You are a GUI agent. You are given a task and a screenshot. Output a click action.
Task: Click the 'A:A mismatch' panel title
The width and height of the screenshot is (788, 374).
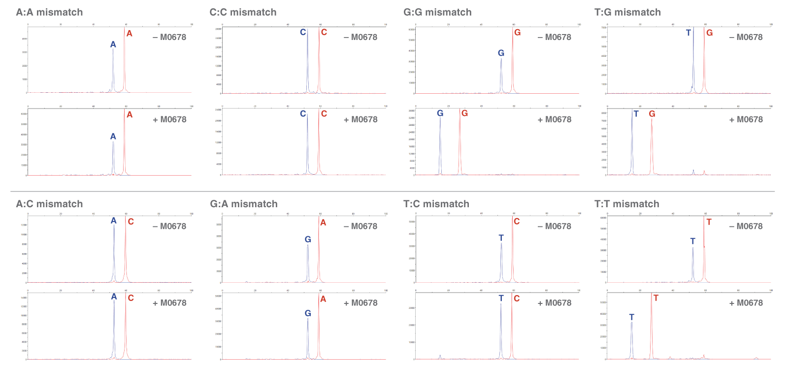pos(49,12)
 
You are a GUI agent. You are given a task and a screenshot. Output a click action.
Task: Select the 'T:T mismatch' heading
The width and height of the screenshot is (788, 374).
pos(626,204)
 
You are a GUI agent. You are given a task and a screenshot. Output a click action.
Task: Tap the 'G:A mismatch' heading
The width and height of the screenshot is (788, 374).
pos(243,204)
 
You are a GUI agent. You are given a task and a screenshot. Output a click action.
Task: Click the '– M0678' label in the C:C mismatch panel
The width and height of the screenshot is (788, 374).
pos(361,37)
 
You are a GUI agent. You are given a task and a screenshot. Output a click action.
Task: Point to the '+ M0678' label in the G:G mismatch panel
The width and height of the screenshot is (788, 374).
pos(555,119)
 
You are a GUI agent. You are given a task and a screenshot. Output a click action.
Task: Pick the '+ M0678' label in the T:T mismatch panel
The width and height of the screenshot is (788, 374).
pos(746,303)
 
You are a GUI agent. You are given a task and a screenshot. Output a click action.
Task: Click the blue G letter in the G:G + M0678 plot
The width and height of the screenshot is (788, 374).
pos(440,113)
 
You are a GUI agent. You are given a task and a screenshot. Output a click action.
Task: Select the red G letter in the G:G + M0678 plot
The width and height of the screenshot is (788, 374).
pos(464,113)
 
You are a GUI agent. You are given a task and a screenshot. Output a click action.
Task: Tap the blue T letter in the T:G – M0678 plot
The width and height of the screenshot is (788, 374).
pos(688,33)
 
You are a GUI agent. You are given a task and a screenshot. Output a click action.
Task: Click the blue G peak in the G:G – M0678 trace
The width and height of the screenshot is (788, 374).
pos(501,74)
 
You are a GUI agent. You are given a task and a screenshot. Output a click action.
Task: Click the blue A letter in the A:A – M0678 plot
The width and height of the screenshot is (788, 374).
pos(113,44)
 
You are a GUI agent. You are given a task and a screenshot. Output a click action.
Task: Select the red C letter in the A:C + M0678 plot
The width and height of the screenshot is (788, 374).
pos(131,298)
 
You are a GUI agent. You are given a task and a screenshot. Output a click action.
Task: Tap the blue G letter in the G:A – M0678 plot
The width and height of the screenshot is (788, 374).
pos(308,239)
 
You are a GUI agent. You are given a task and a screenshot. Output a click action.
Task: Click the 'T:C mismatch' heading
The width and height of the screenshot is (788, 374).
pos(436,204)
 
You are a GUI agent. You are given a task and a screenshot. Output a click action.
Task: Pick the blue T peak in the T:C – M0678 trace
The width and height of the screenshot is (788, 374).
pos(501,262)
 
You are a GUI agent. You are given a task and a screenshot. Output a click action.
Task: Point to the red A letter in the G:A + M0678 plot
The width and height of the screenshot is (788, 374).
pos(323,299)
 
